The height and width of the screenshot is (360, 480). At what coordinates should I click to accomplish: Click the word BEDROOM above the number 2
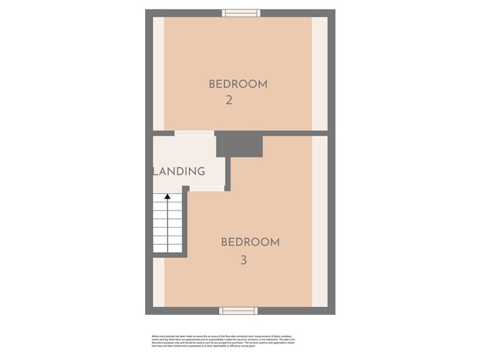[x=238, y=84]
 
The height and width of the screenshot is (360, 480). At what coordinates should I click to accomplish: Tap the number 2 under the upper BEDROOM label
[x=229, y=101]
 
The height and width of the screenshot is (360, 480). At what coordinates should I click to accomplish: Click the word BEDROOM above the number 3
[x=250, y=242]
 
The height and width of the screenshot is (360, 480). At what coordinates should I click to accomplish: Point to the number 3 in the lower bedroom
[x=244, y=260]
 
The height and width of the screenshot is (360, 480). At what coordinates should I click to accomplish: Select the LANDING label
[x=180, y=172]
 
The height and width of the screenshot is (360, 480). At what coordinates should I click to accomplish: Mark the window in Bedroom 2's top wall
[x=240, y=12]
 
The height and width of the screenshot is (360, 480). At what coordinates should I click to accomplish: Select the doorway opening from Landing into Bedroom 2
[x=194, y=133]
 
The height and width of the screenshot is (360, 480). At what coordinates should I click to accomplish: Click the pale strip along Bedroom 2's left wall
[x=158, y=72]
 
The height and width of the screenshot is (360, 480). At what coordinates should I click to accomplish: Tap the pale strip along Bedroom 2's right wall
[x=320, y=72]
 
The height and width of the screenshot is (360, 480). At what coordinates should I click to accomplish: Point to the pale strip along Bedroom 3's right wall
[x=320, y=223]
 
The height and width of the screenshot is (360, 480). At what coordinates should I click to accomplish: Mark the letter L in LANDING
[x=156, y=172]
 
